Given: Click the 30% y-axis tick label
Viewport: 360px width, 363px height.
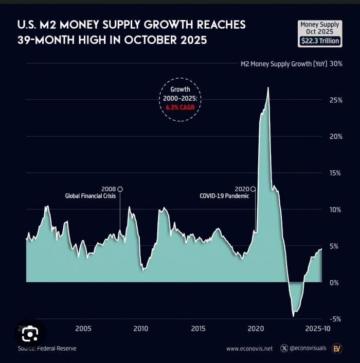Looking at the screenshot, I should pyautogui.click(x=336, y=64).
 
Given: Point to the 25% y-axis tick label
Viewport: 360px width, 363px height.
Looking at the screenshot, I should pyautogui.click(x=336, y=100).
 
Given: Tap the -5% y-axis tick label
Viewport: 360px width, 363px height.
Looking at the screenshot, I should pyautogui.click(x=335, y=319).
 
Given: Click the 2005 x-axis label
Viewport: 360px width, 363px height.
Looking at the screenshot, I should pyautogui.click(x=83, y=329).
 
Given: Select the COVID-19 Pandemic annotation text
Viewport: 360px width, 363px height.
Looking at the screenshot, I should pyautogui.click(x=224, y=196).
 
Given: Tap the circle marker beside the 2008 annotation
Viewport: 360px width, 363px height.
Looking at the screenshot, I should pyautogui.click(x=120, y=189).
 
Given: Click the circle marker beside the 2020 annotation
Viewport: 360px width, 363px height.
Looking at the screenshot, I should pyautogui.click(x=253, y=189).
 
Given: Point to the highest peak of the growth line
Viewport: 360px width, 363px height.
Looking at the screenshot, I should pyautogui.click(x=268, y=88).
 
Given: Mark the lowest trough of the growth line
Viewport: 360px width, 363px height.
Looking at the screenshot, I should pyautogui.click(x=293, y=316).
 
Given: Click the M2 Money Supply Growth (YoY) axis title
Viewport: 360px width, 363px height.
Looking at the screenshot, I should pyautogui.click(x=276, y=64).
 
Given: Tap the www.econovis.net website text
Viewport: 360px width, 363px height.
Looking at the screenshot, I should pyautogui.click(x=250, y=349).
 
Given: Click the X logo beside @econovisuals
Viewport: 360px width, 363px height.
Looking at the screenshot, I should pyautogui.click(x=284, y=349).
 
